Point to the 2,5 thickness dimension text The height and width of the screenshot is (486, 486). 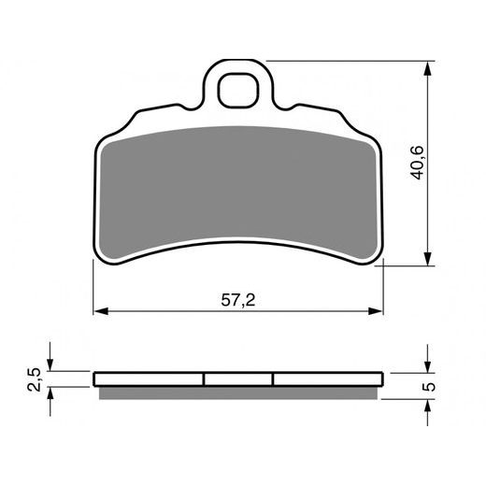tap(35, 379)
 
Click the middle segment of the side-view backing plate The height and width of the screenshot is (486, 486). tap(238, 379)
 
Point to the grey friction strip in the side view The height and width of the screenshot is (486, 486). tap(238, 390)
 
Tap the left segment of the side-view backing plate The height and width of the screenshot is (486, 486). tap(150, 379)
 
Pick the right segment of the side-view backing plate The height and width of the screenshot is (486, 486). tap(327, 379)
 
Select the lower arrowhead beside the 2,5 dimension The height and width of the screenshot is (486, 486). tap(51, 392)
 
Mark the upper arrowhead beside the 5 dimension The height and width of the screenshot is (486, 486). tap(428, 367)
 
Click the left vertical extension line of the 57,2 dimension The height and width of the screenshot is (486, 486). tap(94, 290)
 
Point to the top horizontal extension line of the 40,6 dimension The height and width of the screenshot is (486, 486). tap(355, 61)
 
